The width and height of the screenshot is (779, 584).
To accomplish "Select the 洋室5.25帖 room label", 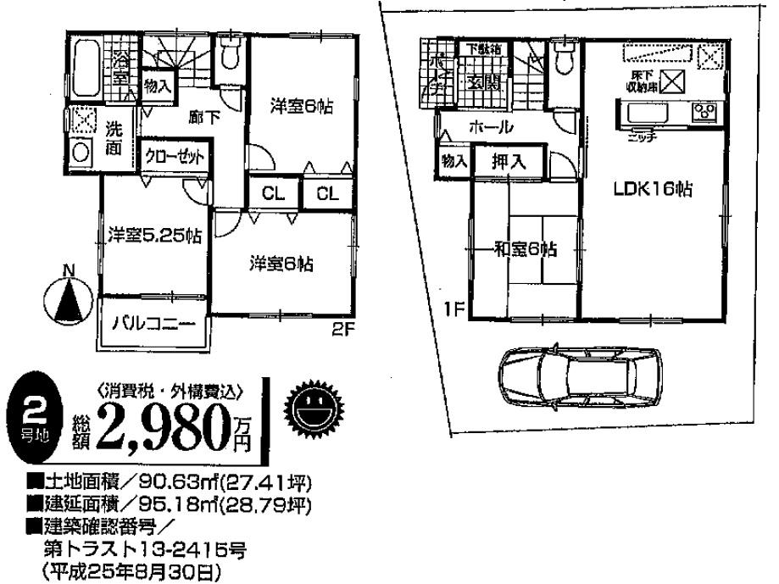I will (154, 235).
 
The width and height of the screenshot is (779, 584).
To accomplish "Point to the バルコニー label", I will (153, 324).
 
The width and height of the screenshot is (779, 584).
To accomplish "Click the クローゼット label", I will (174, 158).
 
